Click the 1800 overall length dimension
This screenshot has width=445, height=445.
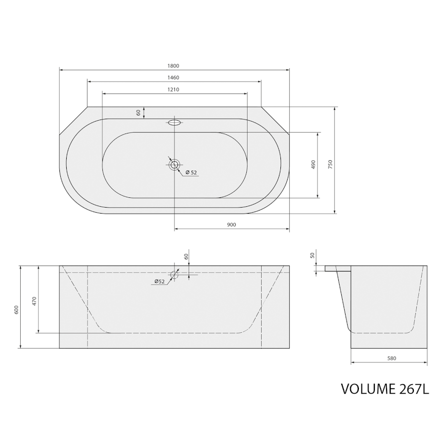pyautogui.click(x=173, y=66)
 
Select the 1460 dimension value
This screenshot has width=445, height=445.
pyautogui.click(x=173, y=78)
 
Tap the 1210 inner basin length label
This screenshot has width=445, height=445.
pyautogui.click(x=173, y=89)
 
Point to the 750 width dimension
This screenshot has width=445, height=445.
pyautogui.click(x=330, y=165)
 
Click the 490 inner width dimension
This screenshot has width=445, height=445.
pyautogui.click(x=313, y=165)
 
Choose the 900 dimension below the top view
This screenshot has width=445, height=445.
pyautogui.click(x=231, y=225)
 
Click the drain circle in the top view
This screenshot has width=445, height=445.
pyautogui.click(x=174, y=164)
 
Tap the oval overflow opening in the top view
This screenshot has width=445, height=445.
pyautogui.click(x=174, y=123)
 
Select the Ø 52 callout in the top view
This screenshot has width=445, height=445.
pyautogui.click(x=191, y=172)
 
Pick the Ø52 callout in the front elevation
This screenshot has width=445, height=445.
pyautogui.click(x=160, y=281)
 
